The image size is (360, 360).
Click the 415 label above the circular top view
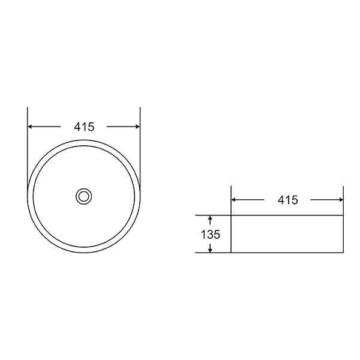point(84,127)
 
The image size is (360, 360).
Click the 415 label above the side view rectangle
point(287,200)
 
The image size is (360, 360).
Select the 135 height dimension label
point(211,235)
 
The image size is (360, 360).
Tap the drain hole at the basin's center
point(84,197)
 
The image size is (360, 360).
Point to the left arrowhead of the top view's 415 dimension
point(29,127)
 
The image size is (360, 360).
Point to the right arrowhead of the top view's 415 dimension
point(138,127)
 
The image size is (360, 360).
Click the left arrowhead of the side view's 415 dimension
point(233,200)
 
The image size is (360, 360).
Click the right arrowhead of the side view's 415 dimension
point(341,200)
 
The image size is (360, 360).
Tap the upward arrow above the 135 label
point(210,220)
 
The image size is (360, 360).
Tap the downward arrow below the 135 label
point(210,248)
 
